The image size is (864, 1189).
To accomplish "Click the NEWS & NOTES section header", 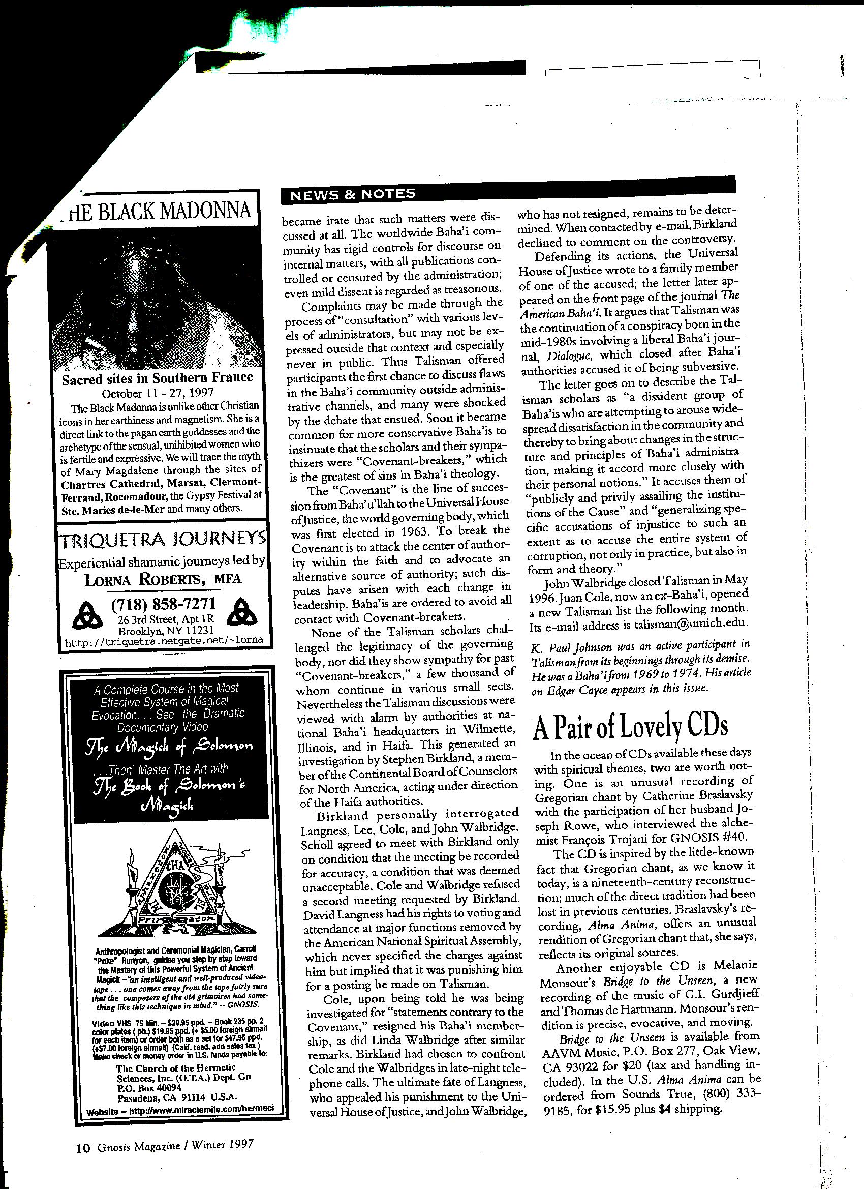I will tap(353, 194).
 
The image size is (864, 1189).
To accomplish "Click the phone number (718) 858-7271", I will tap(164, 606).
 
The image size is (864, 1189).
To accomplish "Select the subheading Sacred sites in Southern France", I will tap(157, 378).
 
